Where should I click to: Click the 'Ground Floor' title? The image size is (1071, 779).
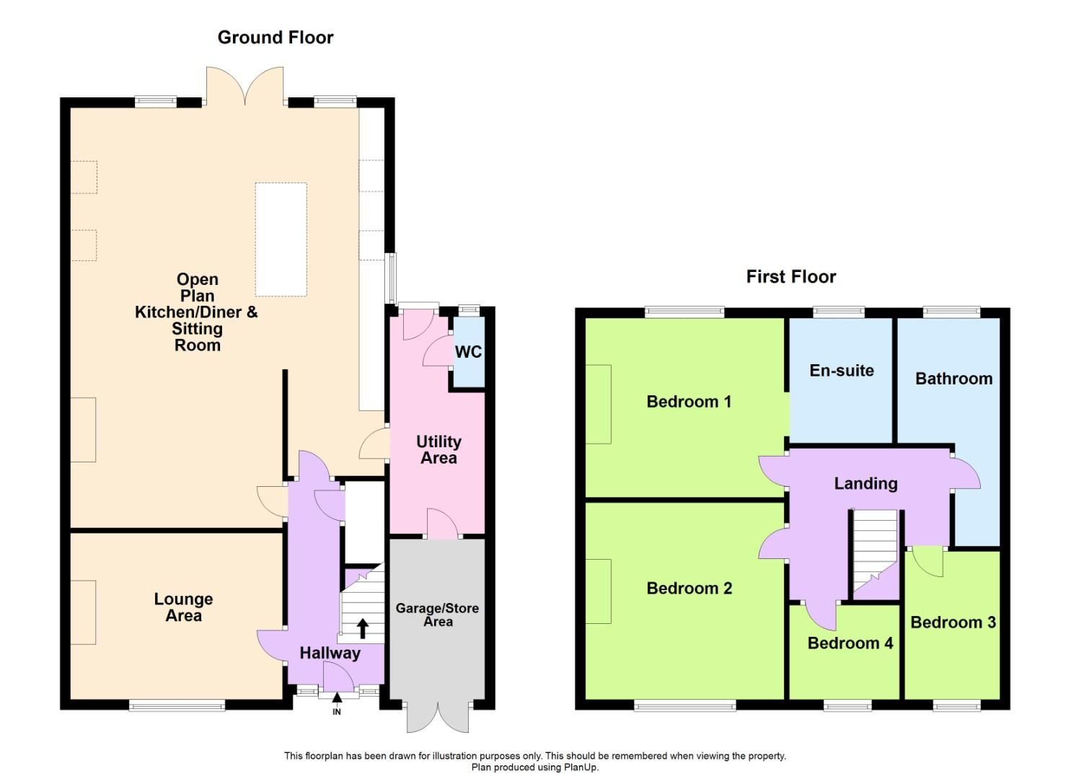[x=276, y=38]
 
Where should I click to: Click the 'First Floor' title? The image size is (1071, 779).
[x=790, y=277]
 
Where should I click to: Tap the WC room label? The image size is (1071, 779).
[x=468, y=352]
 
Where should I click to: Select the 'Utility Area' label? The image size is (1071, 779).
[x=438, y=449]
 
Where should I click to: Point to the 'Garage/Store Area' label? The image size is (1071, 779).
[x=437, y=615]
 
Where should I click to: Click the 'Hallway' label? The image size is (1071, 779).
[x=330, y=653]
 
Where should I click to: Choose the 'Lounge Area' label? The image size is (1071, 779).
[x=183, y=607]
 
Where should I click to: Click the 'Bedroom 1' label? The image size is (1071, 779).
[x=689, y=402]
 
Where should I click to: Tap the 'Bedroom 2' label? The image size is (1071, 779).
[x=689, y=589]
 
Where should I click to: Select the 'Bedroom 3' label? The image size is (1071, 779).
[x=953, y=622]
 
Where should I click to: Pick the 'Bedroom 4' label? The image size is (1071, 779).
[x=850, y=643]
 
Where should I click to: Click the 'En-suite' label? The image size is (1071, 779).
[x=841, y=371]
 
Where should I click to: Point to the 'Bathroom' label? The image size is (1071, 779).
[x=953, y=379]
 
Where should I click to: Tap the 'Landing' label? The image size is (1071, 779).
[x=865, y=484]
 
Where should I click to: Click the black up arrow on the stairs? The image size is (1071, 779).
[x=362, y=628]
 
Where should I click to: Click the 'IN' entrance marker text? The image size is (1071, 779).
[x=337, y=712]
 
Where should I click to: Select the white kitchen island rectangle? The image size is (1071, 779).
[x=281, y=239]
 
